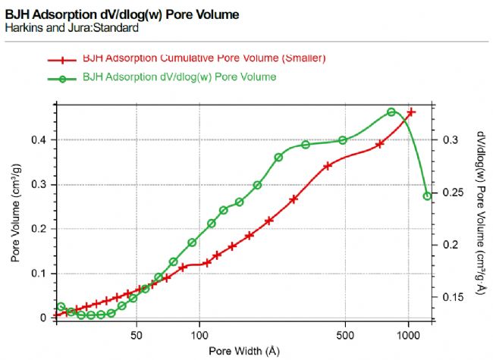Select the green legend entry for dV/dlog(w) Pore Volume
(x=179, y=77)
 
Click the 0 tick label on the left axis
(x=43, y=318)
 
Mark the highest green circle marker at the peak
(x=392, y=112)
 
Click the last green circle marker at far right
(x=427, y=196)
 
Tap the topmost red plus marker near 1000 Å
(x=411, y=112)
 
